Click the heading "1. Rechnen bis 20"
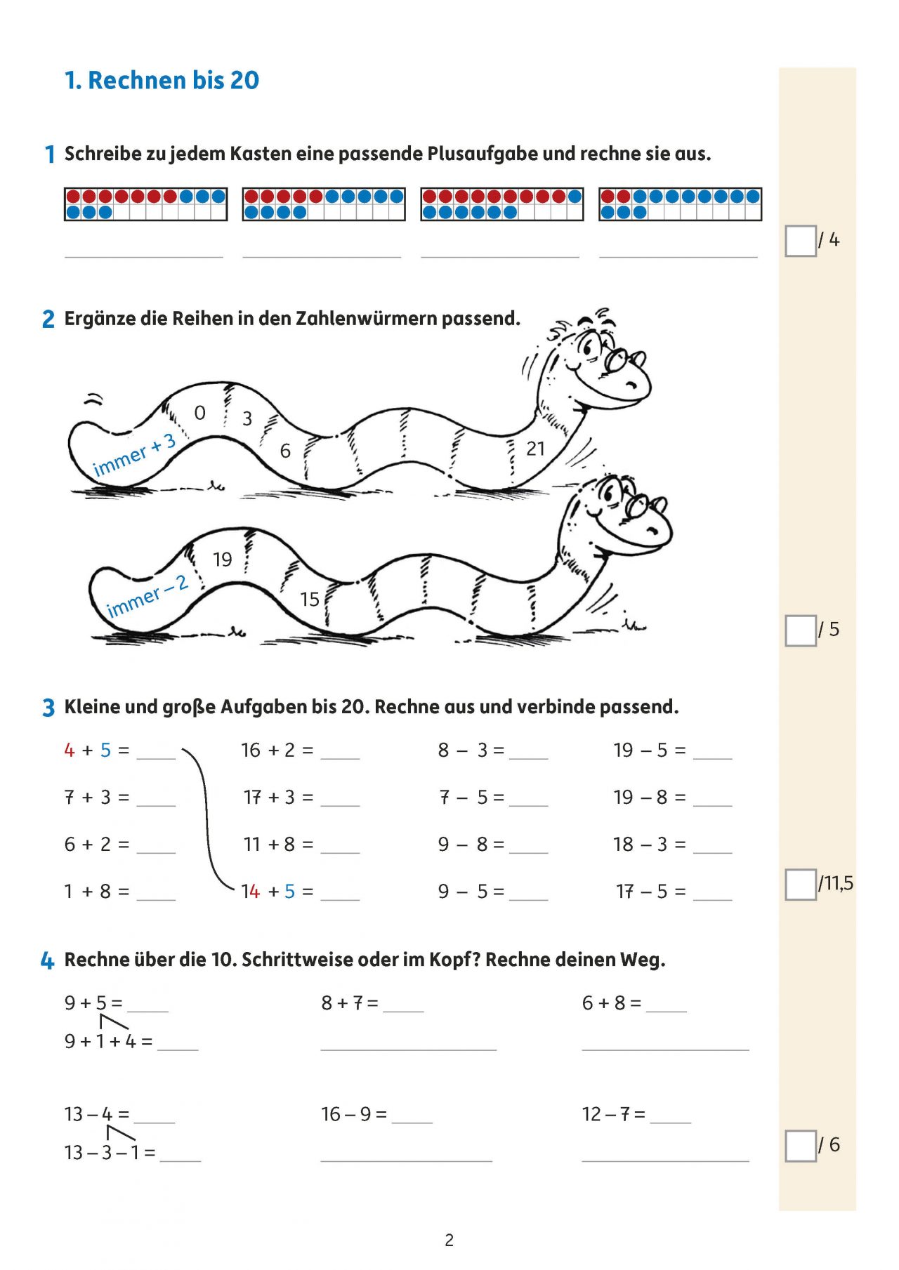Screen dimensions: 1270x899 pyautogui.click(x=162, y=81)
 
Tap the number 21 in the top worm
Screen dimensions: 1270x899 pyautogui.click(x=535, y=449)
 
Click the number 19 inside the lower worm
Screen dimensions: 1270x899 pyautogui.click(x=223, y=560)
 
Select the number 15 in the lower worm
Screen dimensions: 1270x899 pyautogui.click(x=310, y=600)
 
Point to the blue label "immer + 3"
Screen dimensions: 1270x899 pyautogui.click(x=134, y=456)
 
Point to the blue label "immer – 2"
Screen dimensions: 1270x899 pyautogui.click(x=147, y=596)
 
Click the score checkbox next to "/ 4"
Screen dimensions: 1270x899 pyautogui.click(x=800, y=241)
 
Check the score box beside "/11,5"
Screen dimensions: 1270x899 pyautogui.click(x=800, y=884)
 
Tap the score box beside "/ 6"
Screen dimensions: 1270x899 pyautogui.click(x=800, y=1146)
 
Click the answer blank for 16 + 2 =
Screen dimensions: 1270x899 pyautogui.click(x=340, y=753)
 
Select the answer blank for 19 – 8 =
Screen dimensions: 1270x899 pyautogui.click(x=712, y=800)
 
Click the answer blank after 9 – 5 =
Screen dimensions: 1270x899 pyautogui.click(x=528, y=894)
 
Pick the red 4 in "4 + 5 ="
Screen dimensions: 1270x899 pyautogui.click(x=69, y=750)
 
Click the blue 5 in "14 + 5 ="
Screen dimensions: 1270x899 pyautogui.click(x=289, y=892)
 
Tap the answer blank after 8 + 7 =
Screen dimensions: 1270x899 pyautogui.click(x=404, y=1005)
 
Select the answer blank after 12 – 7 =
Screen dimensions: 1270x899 pyautogui.click(x=671, y=1116)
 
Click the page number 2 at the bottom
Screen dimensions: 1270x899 pyautogui.click(x=449, y=1241)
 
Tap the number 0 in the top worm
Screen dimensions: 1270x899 pyautogui.click(x=200, y=413)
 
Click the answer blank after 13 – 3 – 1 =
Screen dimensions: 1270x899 pyautogui.click(x=181, y=1155)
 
